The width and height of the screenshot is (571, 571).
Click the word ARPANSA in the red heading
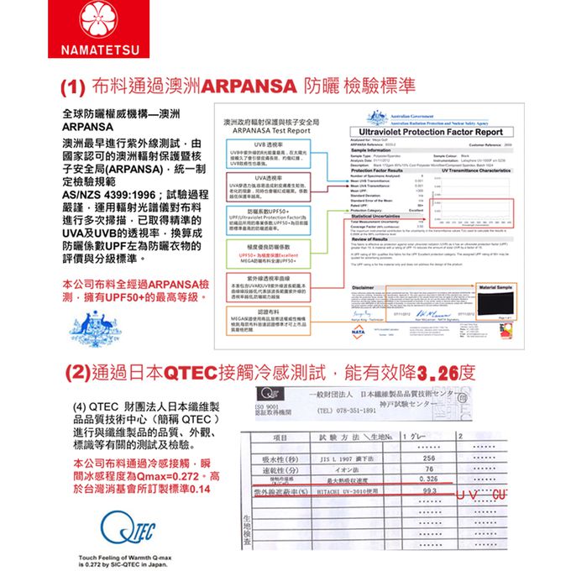coord(245,86)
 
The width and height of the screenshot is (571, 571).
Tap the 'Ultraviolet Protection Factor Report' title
coord(436,134)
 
